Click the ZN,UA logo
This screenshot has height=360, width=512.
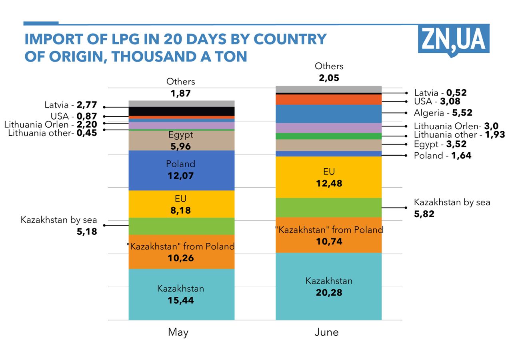point(454,39)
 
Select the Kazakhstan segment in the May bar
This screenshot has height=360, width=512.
point(181,294)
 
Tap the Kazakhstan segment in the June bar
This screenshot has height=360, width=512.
point(328,286)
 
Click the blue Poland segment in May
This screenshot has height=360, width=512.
point(181,170)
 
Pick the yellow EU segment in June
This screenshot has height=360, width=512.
point(328,177)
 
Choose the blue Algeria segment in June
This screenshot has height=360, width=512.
point(328,114)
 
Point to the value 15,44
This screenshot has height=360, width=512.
point(181,300)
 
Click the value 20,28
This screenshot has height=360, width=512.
point(329,292)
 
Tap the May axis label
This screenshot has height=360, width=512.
point(178,332)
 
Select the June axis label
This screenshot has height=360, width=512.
point(326,332)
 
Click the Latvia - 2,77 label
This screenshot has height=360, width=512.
point(71,105)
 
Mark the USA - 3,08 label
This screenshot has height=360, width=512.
point(437,102)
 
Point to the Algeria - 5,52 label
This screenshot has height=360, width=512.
point(443,113)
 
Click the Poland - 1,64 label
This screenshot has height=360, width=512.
point(442,156)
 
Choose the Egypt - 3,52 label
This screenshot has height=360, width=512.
point(440,144)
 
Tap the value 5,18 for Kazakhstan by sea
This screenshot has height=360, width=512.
point(87,231)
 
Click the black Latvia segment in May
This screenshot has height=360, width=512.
point(181,111)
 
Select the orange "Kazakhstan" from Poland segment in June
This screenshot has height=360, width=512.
point(328,235)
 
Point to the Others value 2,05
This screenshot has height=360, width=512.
point(329,78)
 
